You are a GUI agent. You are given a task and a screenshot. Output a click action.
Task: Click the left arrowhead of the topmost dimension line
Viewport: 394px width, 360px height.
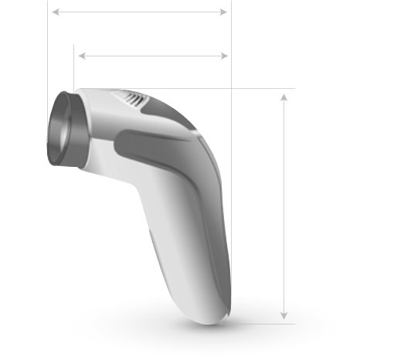[x=54, y=12]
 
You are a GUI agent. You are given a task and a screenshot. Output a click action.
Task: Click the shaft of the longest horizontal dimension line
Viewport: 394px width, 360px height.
[x=139, y=12]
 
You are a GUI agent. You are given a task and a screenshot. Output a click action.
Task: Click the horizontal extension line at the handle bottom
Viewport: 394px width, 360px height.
[x=263, y=323]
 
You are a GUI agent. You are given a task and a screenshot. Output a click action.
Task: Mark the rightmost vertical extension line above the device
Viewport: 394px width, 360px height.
[x=231, y=46]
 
